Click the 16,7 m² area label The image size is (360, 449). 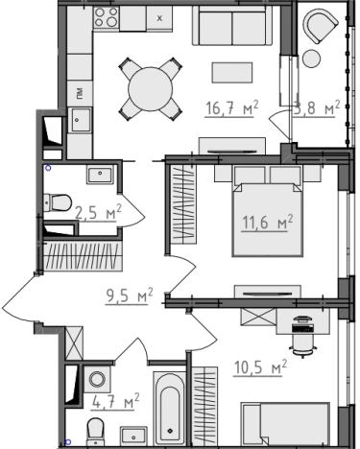231,107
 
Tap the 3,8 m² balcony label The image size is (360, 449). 316,107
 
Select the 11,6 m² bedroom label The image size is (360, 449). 268,222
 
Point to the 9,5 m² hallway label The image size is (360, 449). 130,295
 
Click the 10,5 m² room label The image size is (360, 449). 260,366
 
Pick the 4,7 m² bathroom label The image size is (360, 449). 115,401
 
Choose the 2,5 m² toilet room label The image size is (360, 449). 98,212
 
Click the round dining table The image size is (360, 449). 151,89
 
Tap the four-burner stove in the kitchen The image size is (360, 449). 107,17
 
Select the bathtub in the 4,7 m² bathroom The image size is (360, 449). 169,408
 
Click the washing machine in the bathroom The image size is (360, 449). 97,379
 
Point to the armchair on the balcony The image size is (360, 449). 321,26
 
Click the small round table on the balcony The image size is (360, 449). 311,59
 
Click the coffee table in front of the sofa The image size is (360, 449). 232,72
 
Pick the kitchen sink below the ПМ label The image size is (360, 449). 80,119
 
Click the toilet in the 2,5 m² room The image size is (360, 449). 58,202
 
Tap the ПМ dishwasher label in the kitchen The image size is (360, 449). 80,93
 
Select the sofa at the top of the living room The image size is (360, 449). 232,26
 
